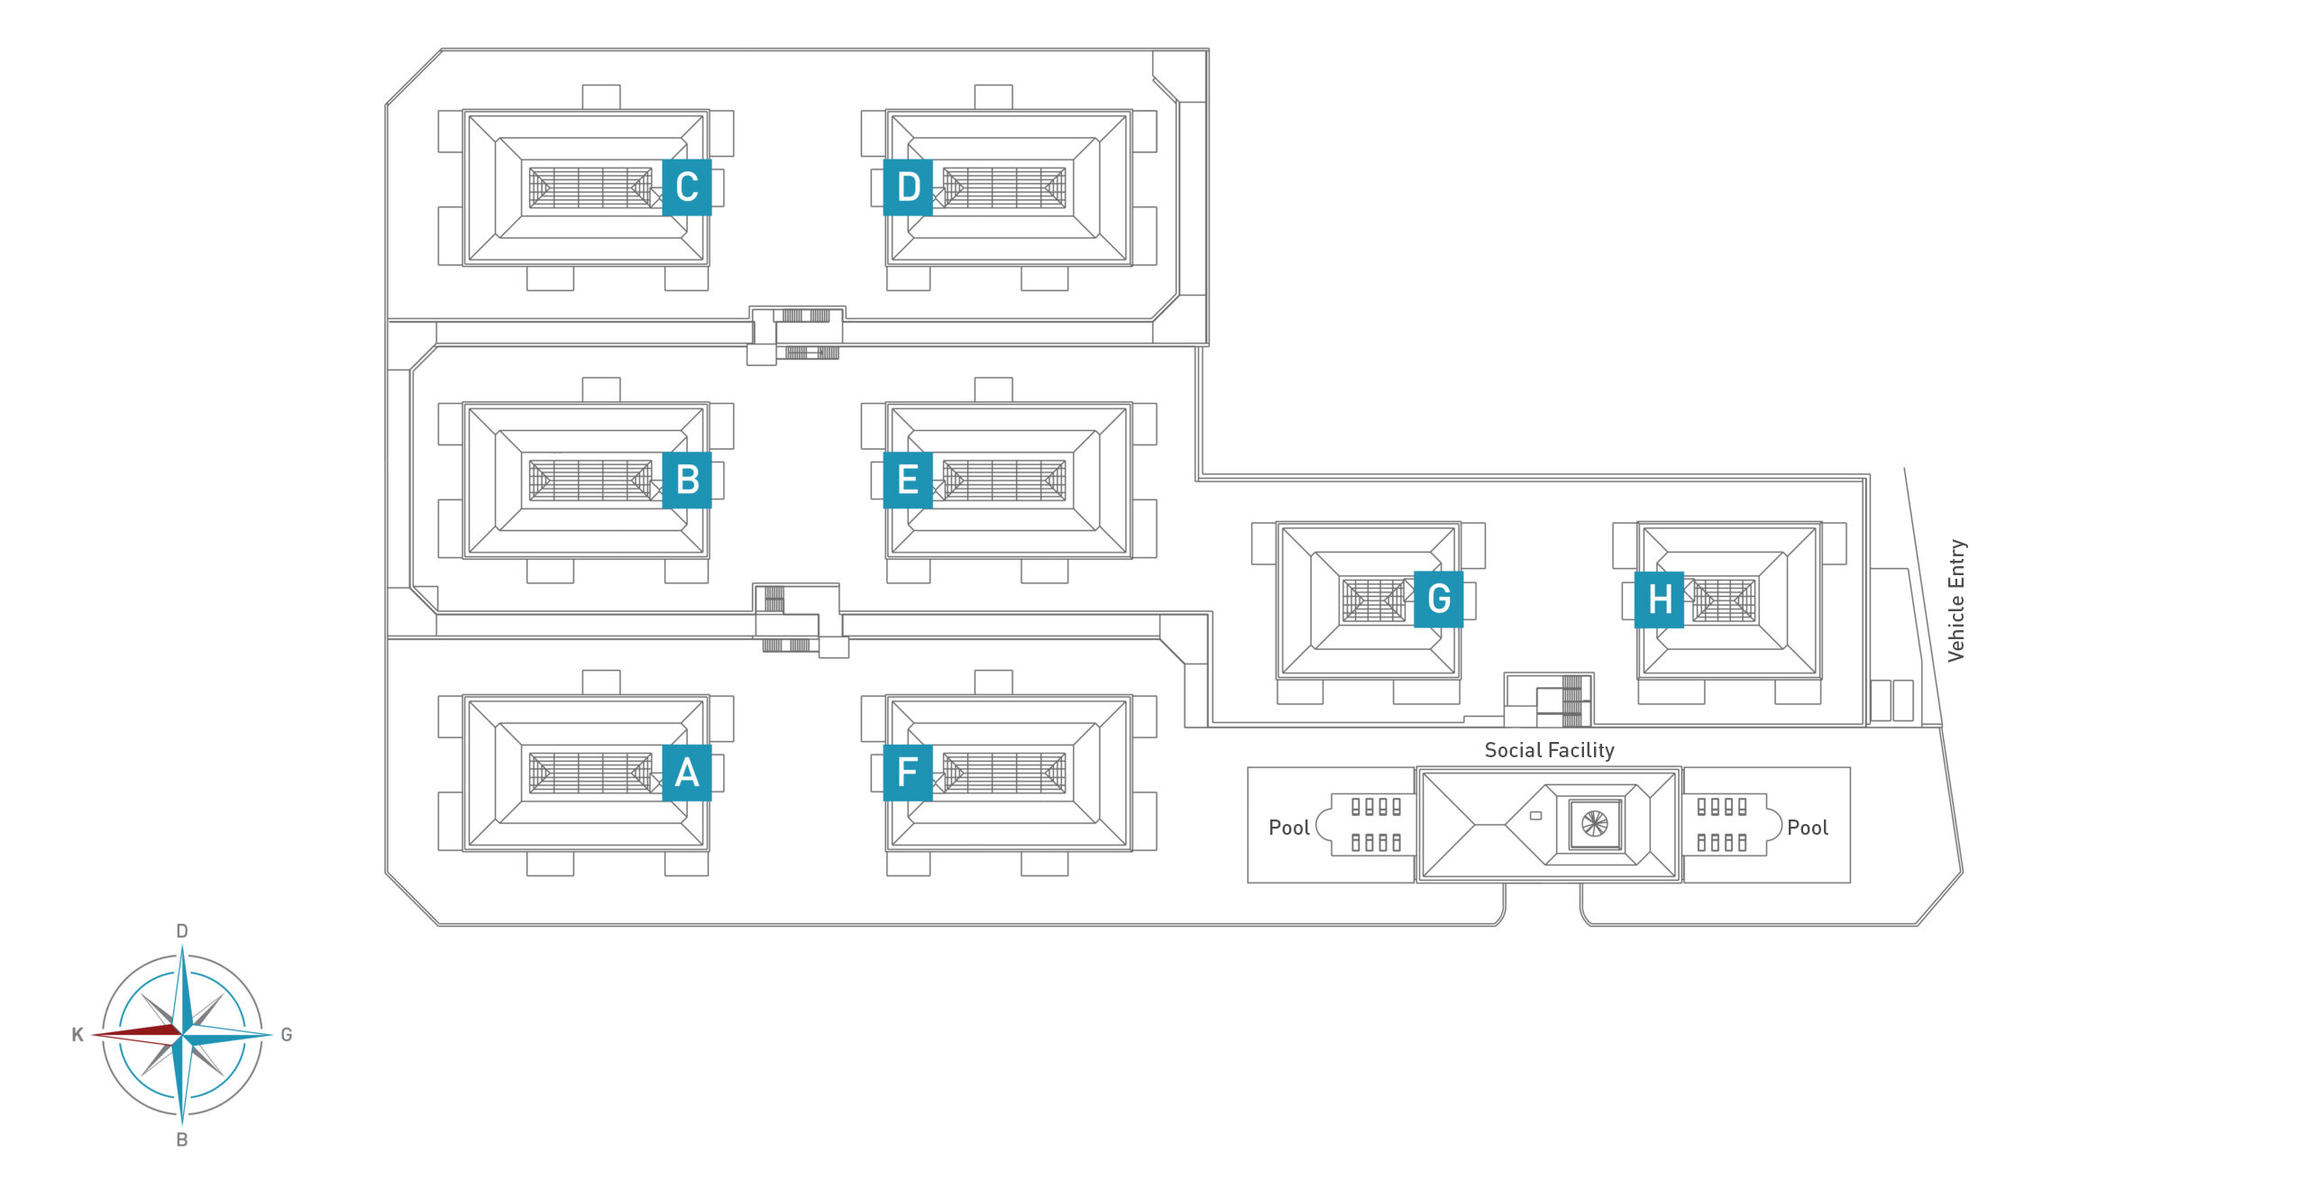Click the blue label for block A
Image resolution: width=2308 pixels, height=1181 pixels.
686,773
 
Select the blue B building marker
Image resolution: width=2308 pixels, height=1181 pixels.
686,480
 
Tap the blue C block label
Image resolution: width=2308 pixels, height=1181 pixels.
686,187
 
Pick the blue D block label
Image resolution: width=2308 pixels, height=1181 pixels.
908,187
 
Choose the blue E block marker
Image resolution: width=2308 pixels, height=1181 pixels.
908,480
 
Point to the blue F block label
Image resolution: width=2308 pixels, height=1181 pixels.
908,773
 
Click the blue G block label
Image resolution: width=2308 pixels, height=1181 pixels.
1438,599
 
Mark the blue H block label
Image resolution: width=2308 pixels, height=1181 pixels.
1659,599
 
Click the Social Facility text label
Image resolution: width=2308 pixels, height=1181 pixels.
1549,750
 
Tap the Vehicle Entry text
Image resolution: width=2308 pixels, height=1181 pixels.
1955,601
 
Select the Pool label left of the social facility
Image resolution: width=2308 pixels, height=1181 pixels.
1288,828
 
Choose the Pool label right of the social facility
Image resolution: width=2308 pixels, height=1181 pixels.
1807,828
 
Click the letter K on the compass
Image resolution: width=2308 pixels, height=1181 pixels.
78,1035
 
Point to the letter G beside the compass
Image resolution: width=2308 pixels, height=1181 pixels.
287,1035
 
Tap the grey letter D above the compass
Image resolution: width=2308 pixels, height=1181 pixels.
182,931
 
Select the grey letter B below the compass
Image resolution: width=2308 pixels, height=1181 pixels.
182,1140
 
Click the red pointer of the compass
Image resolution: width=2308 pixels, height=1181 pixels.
135,1033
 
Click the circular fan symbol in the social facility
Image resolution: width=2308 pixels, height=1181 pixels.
1594,823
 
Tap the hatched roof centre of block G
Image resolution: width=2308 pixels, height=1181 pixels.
1373,600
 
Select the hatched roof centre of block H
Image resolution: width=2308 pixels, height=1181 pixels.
1724,600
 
